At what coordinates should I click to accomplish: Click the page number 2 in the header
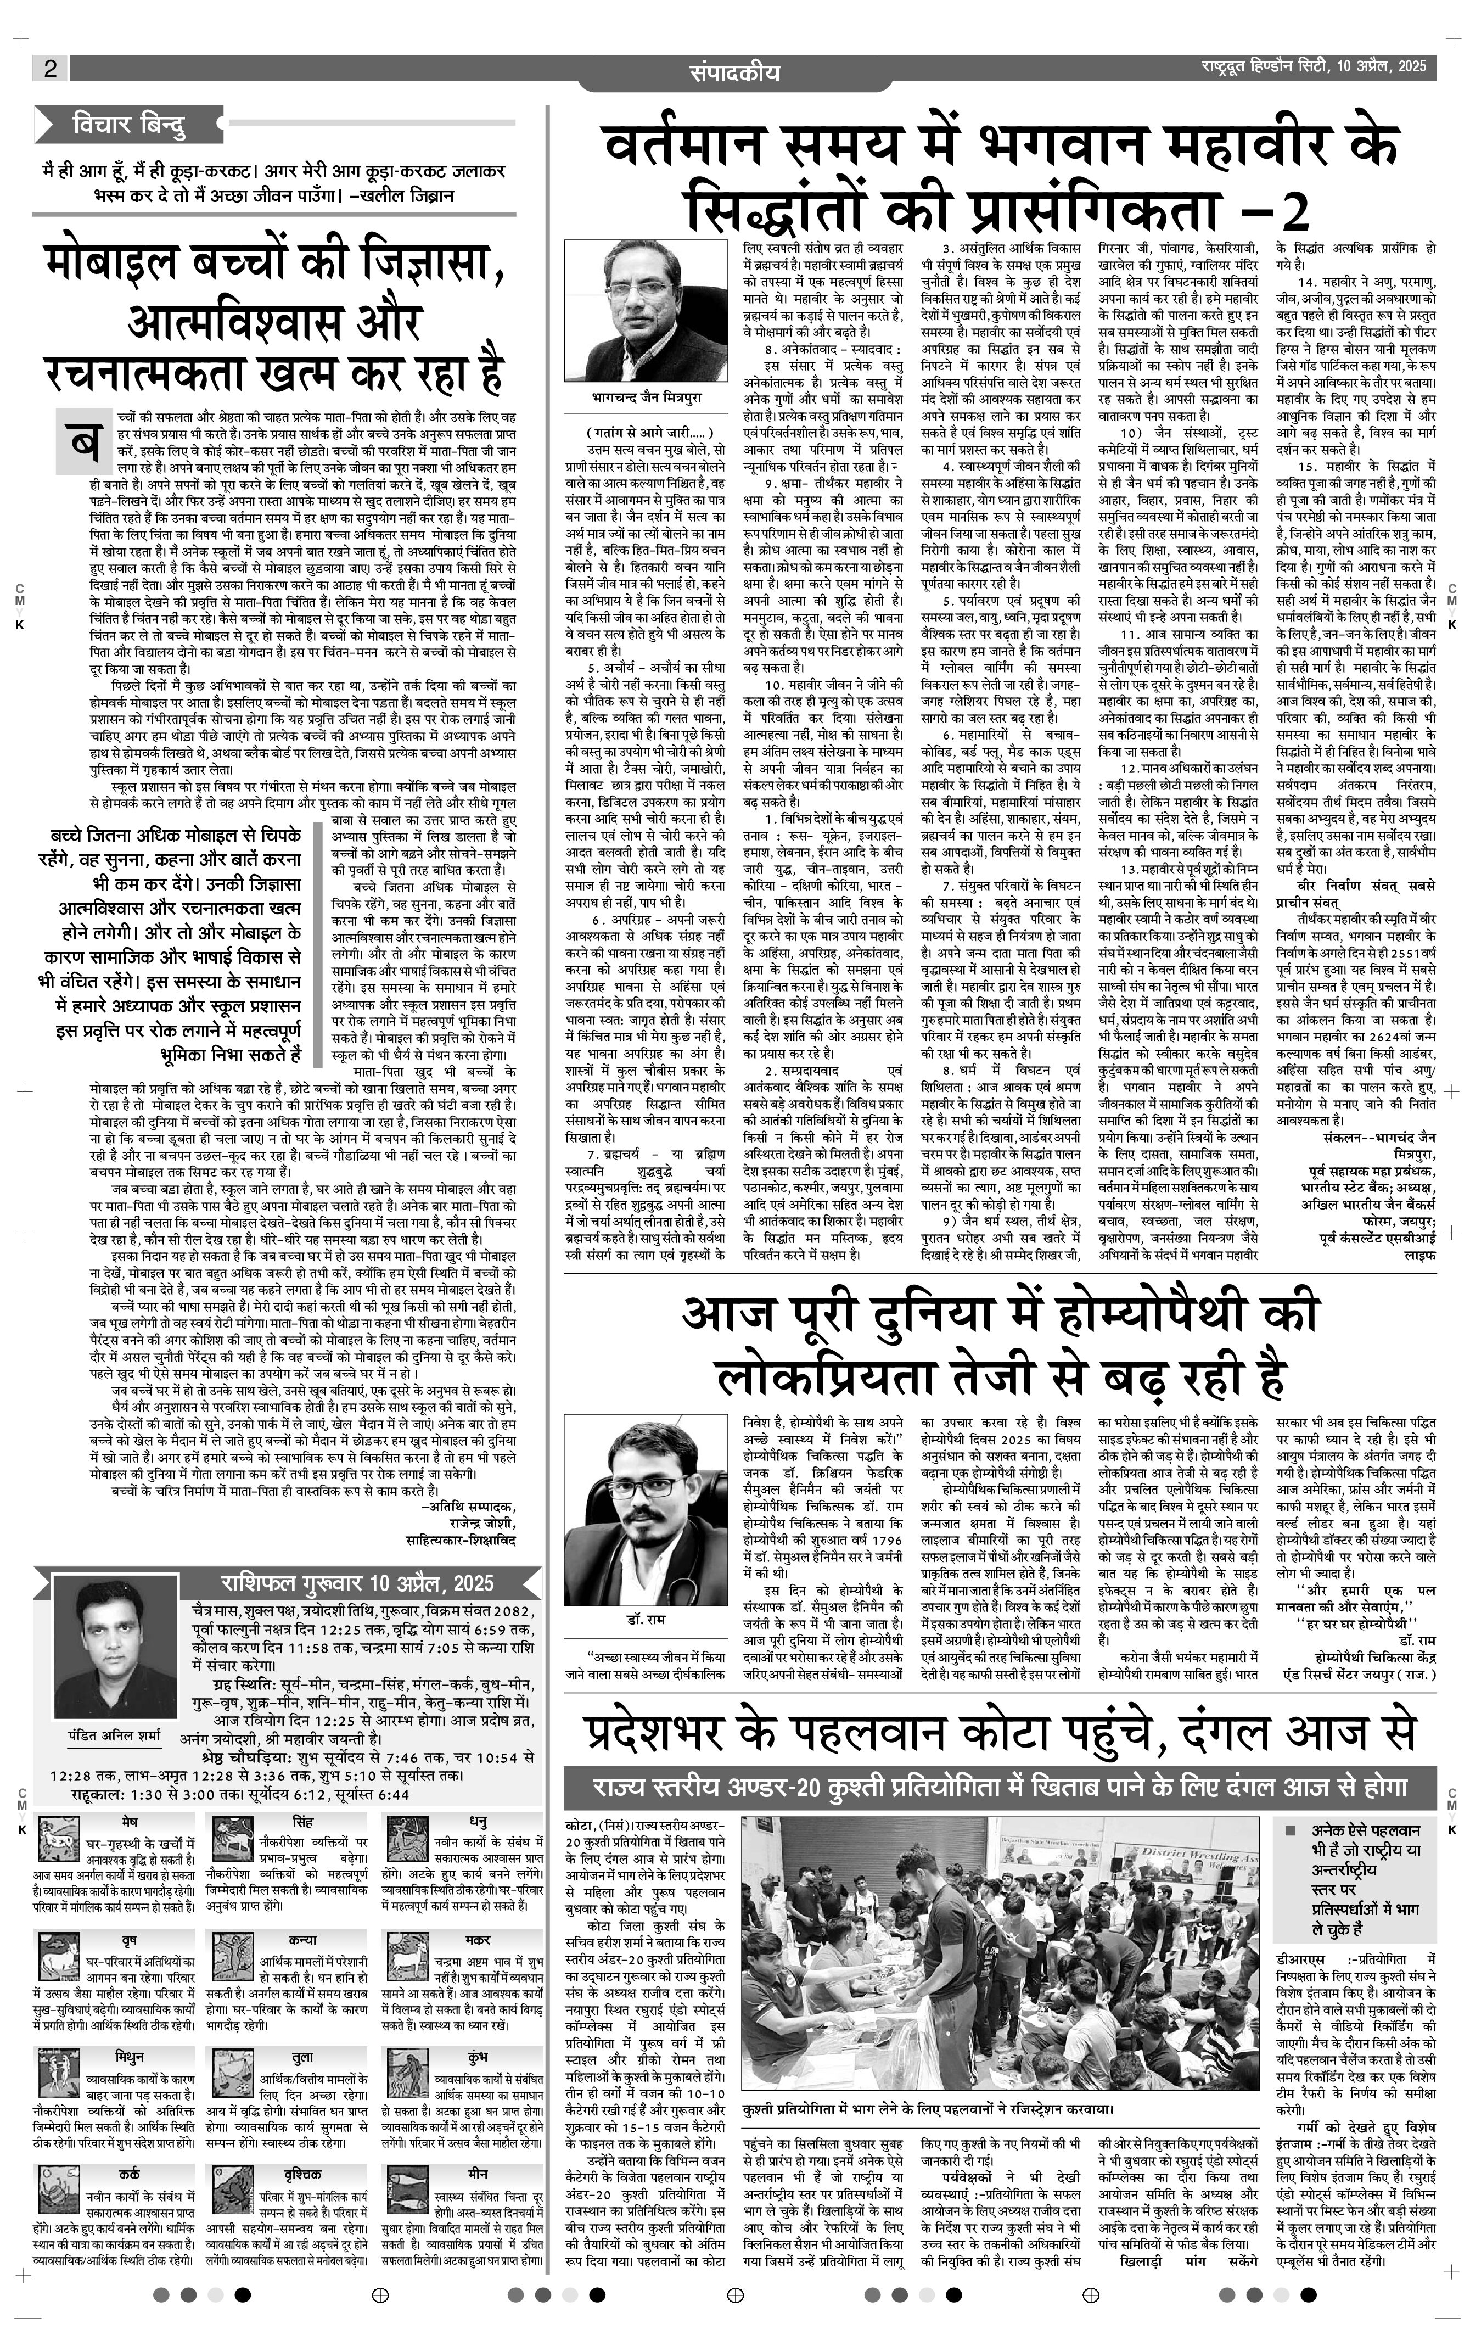click(49, 68)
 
